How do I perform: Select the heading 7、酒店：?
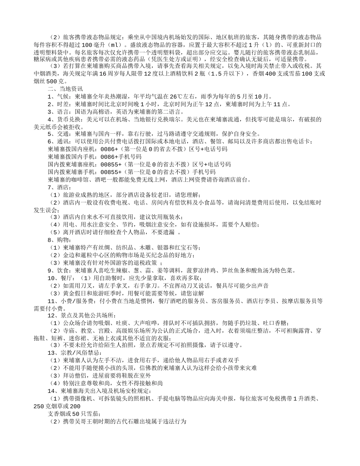[x=59, y=187]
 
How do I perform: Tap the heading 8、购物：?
[x=59, y=240]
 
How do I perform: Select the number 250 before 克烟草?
[x=39, y=406]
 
